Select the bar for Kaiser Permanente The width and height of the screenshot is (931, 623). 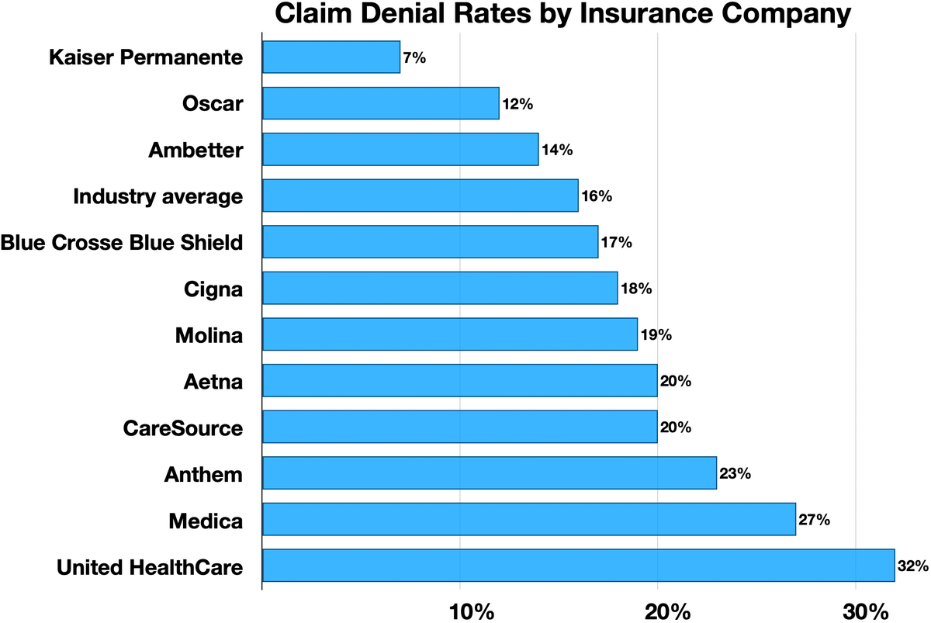(x=331, y=57)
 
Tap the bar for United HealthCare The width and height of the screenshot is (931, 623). (x=578, y=566)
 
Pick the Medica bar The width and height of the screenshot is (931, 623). (x=529, y=519)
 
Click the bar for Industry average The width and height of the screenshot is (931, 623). (x=421, y=196)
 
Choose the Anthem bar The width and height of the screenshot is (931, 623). (x=490, y=473)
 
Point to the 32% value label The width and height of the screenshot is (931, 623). (x=912, y=566)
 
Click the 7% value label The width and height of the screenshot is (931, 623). (x=414, y=58)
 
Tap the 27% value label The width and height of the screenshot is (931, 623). (x=814, y=520)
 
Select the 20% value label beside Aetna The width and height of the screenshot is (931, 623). (x=675, y=382)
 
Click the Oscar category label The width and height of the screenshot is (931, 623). (x=213, y=104)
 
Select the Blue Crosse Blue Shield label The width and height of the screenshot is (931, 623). (x=122, y=243)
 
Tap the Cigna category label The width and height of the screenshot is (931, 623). (x=213, y=289)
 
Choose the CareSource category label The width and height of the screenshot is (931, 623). (x=183, y=428)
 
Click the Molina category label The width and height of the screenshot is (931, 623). (x=209, y=336)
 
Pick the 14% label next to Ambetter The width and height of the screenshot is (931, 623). (x=556, y=151)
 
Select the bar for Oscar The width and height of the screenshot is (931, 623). (x=381, y=104)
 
